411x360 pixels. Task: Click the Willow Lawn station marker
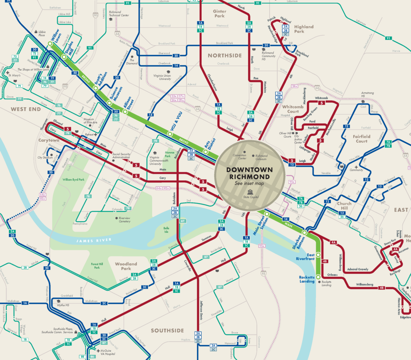click(x=49, y=44)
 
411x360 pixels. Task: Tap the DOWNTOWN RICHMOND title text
click(x=249, y=173)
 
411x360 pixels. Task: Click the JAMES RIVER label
click(x=94, y=240)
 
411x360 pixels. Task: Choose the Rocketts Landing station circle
click(x=318, y=281)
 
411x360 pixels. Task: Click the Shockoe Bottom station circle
click(x=304, y=232)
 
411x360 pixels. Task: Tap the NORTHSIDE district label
click(x=225, y=56)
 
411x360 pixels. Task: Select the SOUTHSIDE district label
click(x=167, y=330)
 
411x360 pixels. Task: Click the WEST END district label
click(x=25, y=109)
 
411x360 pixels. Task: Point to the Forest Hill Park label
click(x=97, y=266)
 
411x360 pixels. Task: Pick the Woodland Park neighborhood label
click(x=126, y=266)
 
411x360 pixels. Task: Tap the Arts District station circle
click(x=205, y=152)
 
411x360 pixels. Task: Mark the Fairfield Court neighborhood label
click(x=362, y=139)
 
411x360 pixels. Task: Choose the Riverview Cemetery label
click(x=124, y=220)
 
